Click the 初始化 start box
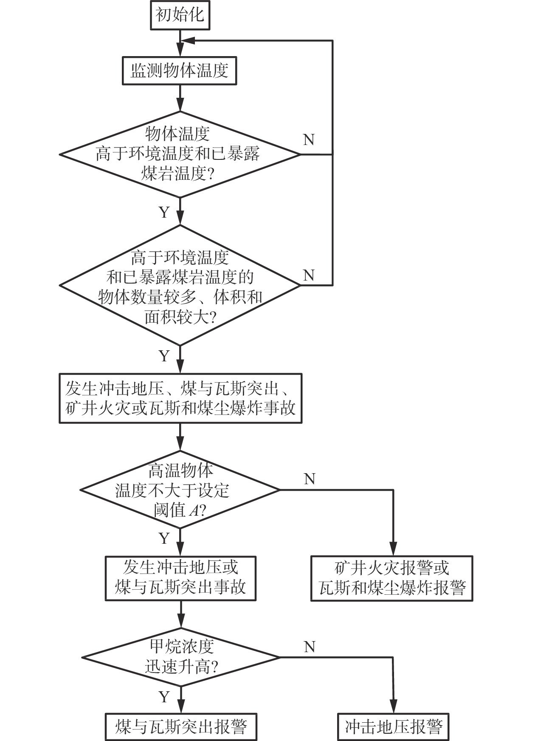point(180,15)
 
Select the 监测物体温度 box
point(180,71)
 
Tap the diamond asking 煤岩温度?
point(180,154)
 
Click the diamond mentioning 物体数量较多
point(180,285)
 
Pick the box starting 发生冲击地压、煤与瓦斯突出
point(180,398)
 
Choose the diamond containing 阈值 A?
point(180,490)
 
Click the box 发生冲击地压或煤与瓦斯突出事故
point(180,578)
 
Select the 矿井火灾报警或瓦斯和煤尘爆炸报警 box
point(392,578)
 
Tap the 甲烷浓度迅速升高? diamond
point(180,657)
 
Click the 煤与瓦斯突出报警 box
point(181,727)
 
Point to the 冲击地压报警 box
point(394,727)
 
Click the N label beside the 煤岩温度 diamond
point(309,139)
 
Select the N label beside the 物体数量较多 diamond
point(309,275)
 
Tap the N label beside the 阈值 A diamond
point(310,479)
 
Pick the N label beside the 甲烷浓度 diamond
point(310,647)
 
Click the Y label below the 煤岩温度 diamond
point(164,212)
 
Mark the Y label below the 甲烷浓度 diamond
point(164,697)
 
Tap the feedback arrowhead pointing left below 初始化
point(188,40)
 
